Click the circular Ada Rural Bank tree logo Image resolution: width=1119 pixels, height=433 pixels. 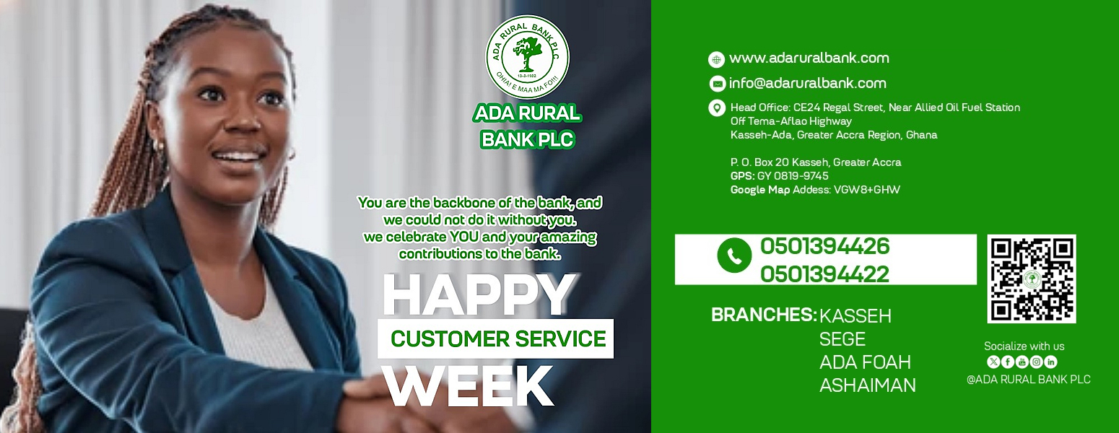(528, 57)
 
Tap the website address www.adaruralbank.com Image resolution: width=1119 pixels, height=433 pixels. (809, 58)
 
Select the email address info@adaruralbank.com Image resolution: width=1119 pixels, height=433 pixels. (807, 83)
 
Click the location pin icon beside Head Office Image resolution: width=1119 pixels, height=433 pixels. (717, 108)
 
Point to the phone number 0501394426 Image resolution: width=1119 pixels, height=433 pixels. (824, 246)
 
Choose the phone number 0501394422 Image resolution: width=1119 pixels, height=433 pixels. (824, 274)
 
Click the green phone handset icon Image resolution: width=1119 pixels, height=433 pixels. (733, 255)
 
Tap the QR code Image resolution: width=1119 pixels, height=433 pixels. (1032, 279)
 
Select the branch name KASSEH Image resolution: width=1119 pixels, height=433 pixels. (855, 316)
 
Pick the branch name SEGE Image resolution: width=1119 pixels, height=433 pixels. (842, 340)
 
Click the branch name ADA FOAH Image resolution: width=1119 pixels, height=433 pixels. (865, 362)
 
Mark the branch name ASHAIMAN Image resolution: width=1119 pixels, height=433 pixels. (868, 385)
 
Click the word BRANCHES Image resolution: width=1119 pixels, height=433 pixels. (764, 315)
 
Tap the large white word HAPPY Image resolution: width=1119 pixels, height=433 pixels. (478, 294)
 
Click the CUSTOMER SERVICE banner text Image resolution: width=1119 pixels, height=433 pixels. (498, 338)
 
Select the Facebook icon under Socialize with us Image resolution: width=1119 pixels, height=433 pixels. (1008, 362)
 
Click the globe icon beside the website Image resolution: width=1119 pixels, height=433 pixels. (716, 60)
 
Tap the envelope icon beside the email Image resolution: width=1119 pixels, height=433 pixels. (718, 84)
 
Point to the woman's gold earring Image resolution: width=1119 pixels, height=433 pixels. (160, 145)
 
